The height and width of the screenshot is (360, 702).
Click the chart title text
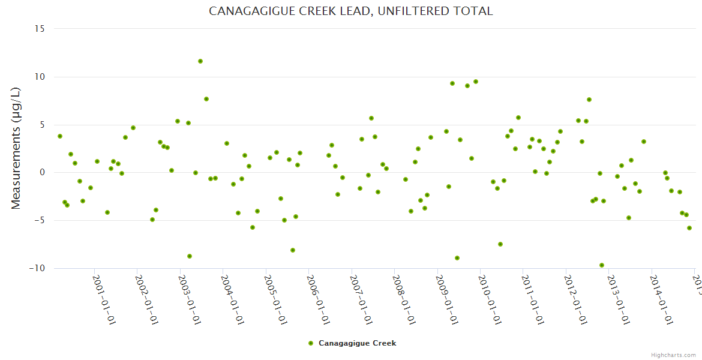351,11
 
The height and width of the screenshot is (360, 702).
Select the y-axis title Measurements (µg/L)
16,148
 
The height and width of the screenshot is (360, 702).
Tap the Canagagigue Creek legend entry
352,343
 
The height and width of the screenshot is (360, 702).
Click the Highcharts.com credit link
673,355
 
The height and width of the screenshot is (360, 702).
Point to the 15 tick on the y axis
39,29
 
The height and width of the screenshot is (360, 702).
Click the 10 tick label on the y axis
39,77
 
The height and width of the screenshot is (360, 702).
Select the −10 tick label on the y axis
37,268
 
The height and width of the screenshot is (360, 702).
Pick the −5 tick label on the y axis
39,220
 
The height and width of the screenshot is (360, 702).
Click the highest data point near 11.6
200,61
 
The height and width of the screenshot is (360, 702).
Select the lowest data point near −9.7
602,265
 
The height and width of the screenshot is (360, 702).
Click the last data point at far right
689,228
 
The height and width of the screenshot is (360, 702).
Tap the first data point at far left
60,136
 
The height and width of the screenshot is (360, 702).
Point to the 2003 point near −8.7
190,256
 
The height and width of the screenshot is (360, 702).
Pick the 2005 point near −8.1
293,250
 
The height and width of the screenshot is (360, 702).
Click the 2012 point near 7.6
589,100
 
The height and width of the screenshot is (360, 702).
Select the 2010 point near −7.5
500,244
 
